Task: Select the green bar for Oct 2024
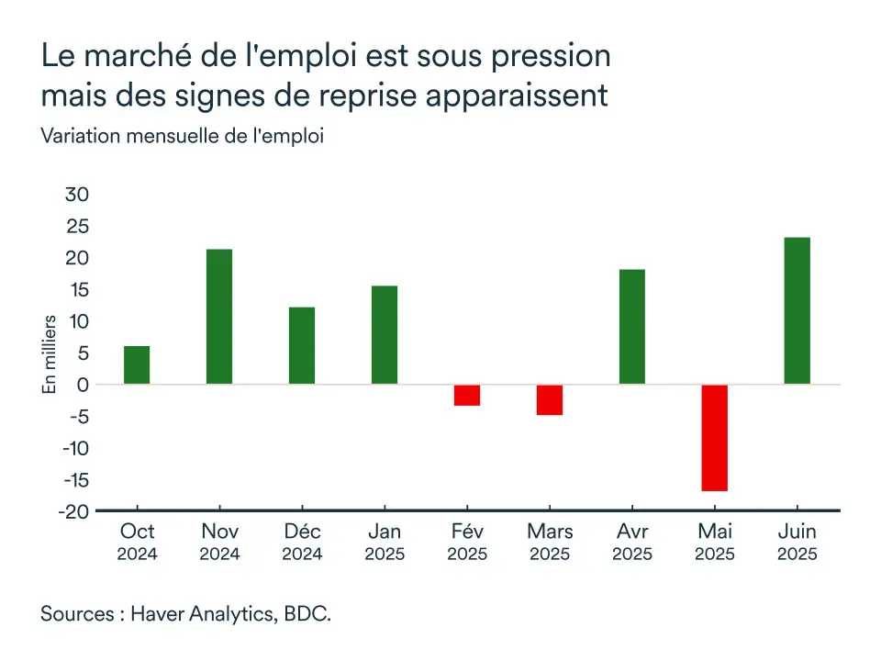point(137,364)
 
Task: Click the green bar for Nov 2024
point(219,317)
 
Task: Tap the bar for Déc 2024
point(302,345)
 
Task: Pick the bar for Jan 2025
point(385,335)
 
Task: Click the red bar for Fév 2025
point(467,395)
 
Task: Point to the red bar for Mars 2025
point(550,399)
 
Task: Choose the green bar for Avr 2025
point(632,327)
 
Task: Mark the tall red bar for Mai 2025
point(715,438)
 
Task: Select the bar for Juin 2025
point(797,310)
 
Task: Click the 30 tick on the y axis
point(76,195)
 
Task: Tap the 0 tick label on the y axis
point(82,385)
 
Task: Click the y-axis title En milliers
point(50,354)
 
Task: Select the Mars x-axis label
point(550,532)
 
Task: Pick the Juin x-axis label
point(797,532)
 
